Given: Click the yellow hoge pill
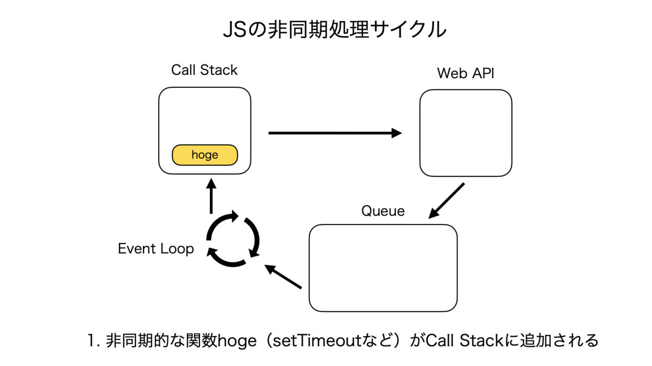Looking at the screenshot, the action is (205, 155).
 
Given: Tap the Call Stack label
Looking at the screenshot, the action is (204, 70).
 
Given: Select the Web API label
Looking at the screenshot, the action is (466, 73).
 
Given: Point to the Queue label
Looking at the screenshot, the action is (383, 211).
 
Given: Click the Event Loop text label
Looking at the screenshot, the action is (156, 249).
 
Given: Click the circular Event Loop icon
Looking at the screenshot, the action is (233, 240).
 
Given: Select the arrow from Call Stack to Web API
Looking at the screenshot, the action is (335, 133).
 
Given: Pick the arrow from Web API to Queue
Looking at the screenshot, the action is (446, 201).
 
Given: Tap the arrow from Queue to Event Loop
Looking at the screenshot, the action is (283, 277).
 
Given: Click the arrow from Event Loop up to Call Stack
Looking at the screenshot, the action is (211, 196).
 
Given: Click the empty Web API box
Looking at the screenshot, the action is (466, 133).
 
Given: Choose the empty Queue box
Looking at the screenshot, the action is (383, 268).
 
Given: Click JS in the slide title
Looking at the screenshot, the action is (234, 30).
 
